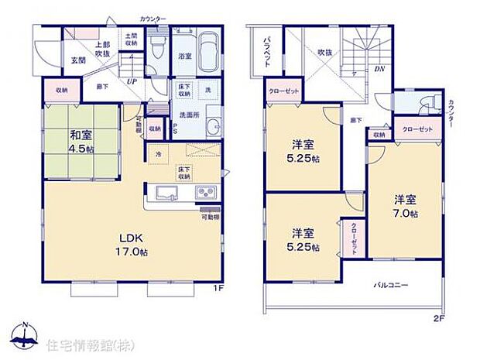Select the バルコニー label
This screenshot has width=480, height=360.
click(x=392, y=286)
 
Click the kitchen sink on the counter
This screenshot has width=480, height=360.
click(x=166, y=192)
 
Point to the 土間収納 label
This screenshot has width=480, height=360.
click(x=130, y=40)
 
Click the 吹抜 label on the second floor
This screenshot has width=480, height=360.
click(x=324, y=53)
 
